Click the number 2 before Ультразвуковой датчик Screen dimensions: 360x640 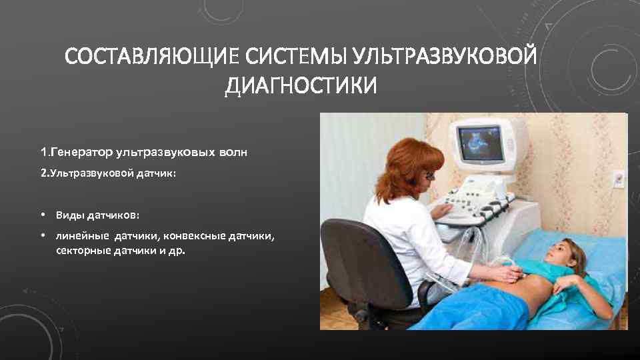(43, 173)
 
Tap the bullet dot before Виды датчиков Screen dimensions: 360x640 (42, 215)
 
